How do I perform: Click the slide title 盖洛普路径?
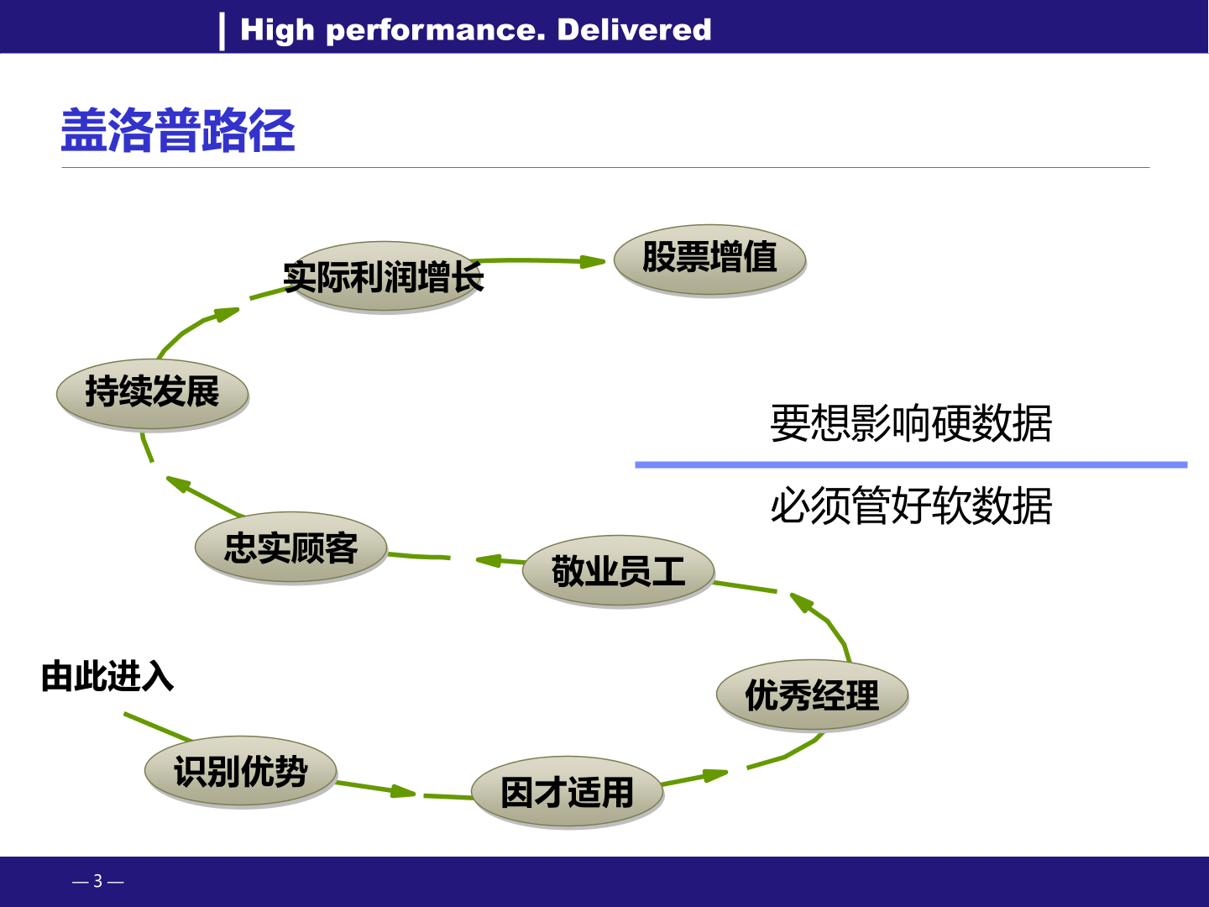coord(178,130)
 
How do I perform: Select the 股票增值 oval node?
coord(709,260)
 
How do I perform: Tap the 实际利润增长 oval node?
coord(385,276)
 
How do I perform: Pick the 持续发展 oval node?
coord(153,394)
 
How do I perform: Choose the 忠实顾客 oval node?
coord(290,547)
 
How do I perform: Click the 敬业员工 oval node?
coord(618,570)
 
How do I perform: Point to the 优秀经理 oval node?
coord(812,695)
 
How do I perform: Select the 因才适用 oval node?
coord(568,792)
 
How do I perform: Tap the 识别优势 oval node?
coord(241,771)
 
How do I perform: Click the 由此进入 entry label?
coord(107,676)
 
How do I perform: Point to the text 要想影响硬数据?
coord(911,423)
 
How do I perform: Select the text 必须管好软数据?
coord(911,506)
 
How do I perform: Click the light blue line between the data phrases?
coord(911,464)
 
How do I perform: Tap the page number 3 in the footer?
coord(98,881)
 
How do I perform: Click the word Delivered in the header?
coord(634,29)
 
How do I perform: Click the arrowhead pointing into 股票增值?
coord(592,261)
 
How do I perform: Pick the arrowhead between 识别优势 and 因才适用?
coord(403,791)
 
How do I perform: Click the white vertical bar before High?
coord(222,31)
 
